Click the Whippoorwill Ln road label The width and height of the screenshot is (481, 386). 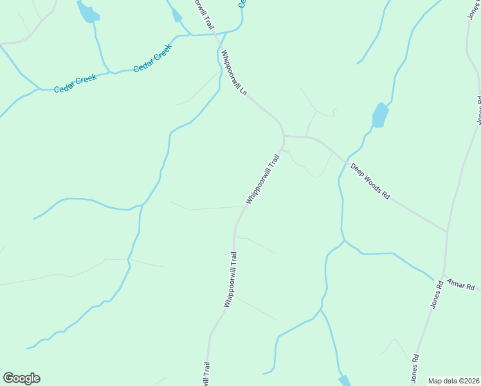click(233, 73)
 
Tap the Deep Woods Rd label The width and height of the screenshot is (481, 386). click(370, 181)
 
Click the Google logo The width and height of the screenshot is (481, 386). click(21, 378)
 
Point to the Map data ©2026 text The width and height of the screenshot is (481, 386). click(454, 381)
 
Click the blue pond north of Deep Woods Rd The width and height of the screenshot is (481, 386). click(381, 116)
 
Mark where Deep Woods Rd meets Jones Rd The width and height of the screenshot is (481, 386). click(447, 232)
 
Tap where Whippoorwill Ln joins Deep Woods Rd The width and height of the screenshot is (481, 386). click(284, 136)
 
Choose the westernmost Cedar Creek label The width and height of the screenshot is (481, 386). click(75, 82)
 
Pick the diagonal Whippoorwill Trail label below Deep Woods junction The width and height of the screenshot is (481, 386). click(264, 179)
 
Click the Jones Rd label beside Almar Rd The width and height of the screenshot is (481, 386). click(437, 294)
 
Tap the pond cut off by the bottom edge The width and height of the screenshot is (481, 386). click(345, 381)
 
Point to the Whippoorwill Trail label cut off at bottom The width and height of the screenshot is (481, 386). click(206, 374)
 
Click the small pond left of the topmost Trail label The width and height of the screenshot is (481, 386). click(177, 15)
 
